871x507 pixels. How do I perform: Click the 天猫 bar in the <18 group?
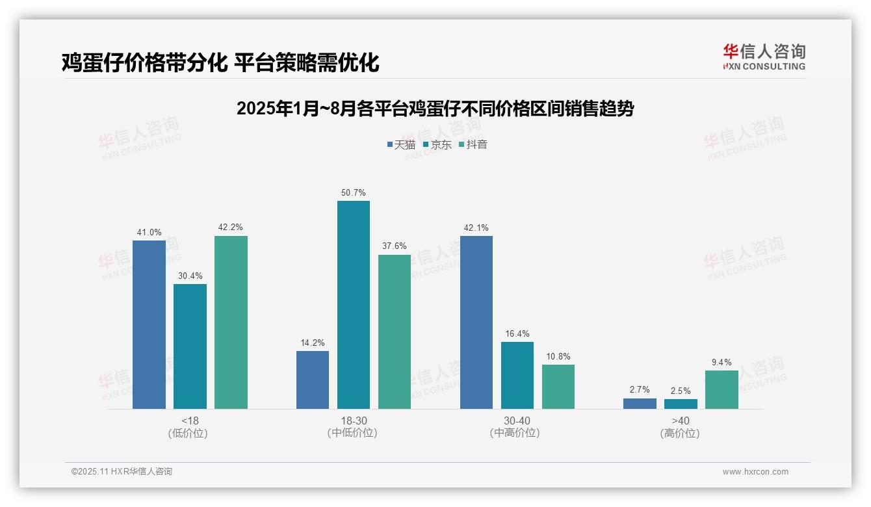tap(149, 324)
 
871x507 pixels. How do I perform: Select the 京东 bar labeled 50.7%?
tap(353, 305)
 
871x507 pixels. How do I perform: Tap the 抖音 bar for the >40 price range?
tap(721, 389)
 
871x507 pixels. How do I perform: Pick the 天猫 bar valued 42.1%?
tap(476, 322)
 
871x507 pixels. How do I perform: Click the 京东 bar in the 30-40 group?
tap(517, 375)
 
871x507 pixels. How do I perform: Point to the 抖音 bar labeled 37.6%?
tap(394, 331)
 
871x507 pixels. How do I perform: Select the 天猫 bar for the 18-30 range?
tap(313, 380)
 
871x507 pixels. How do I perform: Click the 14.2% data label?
tap(313, 343)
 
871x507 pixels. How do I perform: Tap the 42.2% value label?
tap(231, 227)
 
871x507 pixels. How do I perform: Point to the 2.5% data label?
tap(681, 391)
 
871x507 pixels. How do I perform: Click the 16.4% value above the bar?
tap(517, 334)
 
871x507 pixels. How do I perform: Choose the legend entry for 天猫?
tap(401, 144)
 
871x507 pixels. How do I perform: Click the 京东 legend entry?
tap(437, 144)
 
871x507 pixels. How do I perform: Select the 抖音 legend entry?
tap(473, 144)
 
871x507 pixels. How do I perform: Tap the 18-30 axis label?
tap(353, 421)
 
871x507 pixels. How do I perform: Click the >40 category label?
tap(681, 421)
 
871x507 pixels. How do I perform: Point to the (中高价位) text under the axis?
tap(517, 433)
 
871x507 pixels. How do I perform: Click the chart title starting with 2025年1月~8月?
tap(435, 109)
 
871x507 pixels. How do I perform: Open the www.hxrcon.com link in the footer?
tap(755, 472)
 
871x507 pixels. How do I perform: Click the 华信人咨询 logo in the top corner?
tap(764, 57)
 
